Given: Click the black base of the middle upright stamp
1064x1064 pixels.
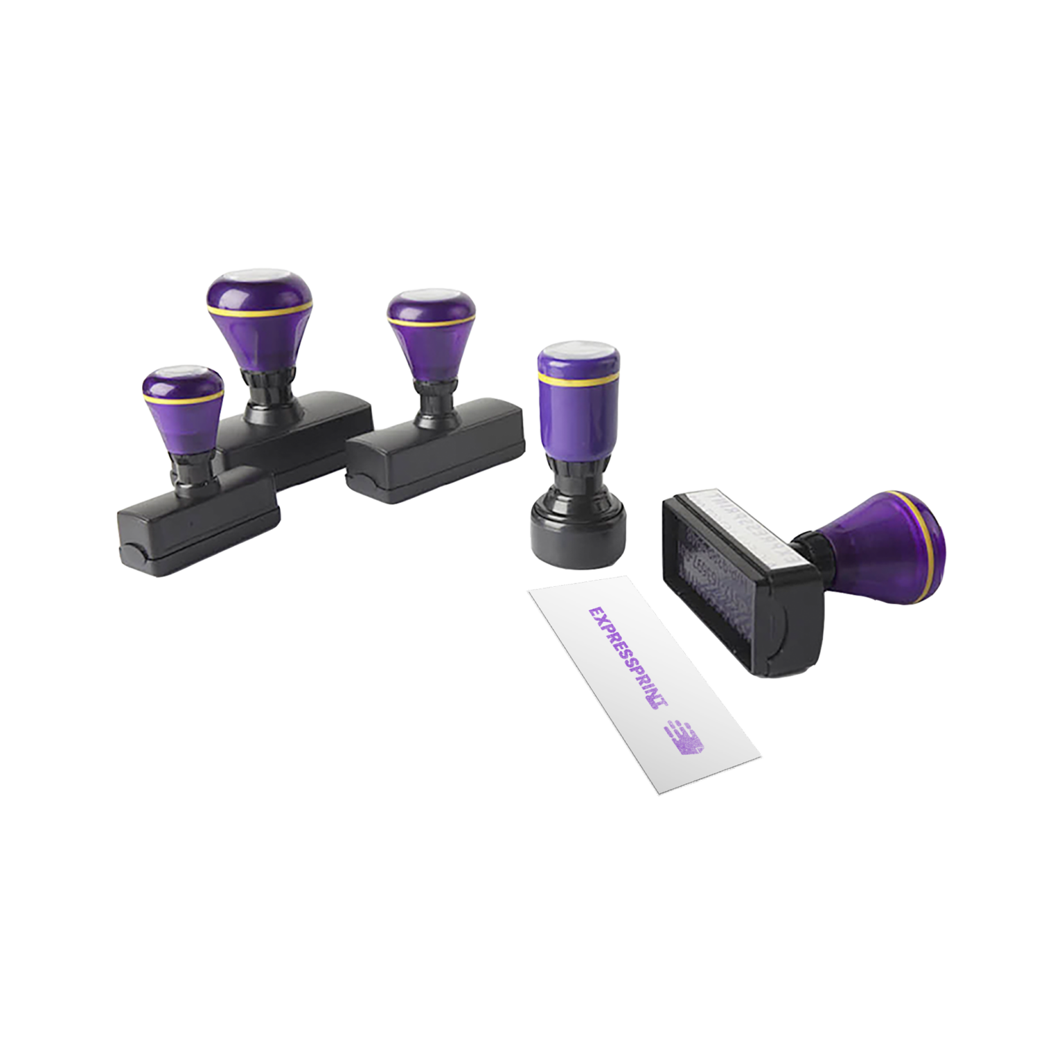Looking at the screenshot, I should (x=436, y=450).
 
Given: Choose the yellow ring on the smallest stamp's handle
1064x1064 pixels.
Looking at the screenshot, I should (x=183, y=400).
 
